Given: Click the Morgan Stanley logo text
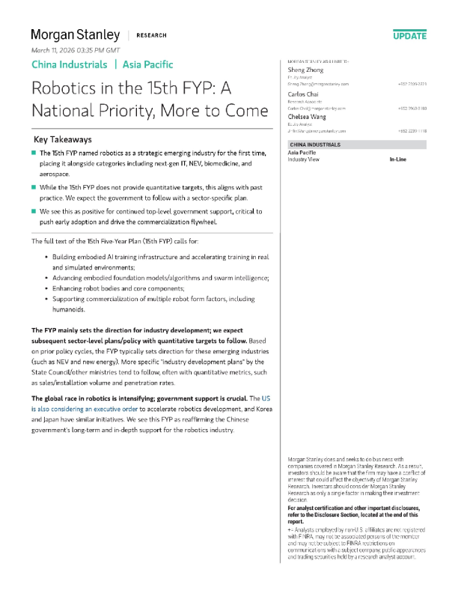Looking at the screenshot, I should pyautogui.click(x=75, y=34).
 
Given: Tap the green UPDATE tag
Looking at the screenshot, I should pyautogui.click(x=409, y=35).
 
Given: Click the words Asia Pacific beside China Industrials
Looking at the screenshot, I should pyautogui.click(x=147, y=64).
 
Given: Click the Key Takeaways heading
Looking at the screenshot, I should pyautogui.click(x=63, y=139).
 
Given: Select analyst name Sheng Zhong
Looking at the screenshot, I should pyautogui.click(x=305, y=69).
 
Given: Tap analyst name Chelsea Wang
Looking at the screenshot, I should pyautogui.click(x=307, y=117).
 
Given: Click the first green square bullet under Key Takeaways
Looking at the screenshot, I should pyautogui.click(x=34, y=152).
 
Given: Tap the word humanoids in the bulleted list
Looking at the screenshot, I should pyautogui.click(x=69, y=309).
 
